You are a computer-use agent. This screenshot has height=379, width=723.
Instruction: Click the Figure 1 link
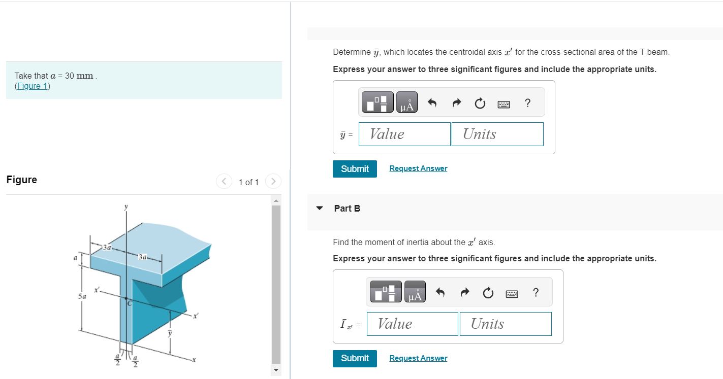click(33, 86)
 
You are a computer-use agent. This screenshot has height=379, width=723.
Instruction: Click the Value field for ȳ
click(404, 134)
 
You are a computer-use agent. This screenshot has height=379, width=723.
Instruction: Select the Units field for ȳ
click(497, 134)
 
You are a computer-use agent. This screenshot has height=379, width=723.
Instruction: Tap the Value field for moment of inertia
click(412, 324)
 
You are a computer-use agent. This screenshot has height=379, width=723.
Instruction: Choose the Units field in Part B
click(505, 324)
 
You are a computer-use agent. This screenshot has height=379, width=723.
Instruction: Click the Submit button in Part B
click(355, 358)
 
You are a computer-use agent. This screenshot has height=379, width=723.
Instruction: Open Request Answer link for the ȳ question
click(418, 168)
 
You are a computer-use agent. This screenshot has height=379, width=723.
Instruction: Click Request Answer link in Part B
click(418, 358)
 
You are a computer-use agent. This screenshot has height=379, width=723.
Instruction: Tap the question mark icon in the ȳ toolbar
click(527, 103)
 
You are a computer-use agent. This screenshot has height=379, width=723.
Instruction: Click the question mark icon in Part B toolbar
click(535, 293)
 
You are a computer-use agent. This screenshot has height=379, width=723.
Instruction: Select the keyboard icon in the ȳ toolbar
click(504, 104)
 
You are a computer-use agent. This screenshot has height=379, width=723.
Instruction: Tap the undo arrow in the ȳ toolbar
click(432, 104)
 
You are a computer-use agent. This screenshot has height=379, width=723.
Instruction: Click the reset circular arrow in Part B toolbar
click(488, 293)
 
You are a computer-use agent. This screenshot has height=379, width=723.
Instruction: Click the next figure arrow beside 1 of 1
click(273, 181)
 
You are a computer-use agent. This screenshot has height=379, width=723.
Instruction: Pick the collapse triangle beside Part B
click(320, 208)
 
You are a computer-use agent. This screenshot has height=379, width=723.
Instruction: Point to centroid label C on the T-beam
click(129, 303)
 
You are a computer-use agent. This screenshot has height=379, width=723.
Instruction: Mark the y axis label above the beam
click(126, 206)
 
